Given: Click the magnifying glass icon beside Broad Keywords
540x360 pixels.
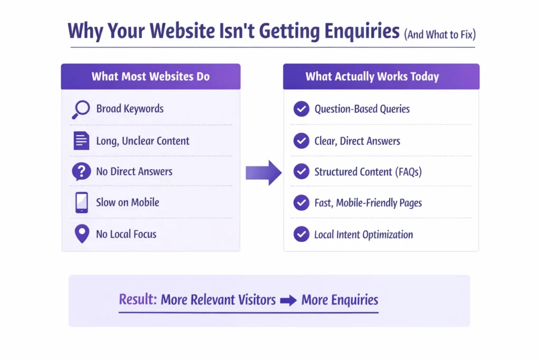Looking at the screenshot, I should pyautogui.click(x=81, y=109).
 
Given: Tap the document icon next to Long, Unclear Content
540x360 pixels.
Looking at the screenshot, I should pyautogui.click(x=81, y=141).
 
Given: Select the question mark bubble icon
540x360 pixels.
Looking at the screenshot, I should pyautogui.click(x=81, y=172).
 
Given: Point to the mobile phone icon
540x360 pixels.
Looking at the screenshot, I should pyautogui.click(x=81, y=202).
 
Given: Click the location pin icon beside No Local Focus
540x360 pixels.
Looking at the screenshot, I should pyautogui.click(x=81, y=234).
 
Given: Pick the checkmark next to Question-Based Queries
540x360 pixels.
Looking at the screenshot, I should pyautogui.click(x=301, y=109).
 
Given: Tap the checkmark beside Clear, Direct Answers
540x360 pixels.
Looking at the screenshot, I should pyautogui.click(x=301, y=141).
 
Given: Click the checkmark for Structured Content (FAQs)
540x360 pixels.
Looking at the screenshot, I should pyautogui.click(x=301, y=172).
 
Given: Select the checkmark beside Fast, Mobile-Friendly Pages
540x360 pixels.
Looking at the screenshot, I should pyautogui.click(x=301, y=202).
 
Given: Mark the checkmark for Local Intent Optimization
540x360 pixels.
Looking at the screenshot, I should pyautogui.click(x=301, y=234).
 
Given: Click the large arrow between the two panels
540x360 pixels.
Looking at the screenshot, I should pyautogui.click(x=264, y=172).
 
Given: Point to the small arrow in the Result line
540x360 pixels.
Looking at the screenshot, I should pyautogui.click(x=288, y=300).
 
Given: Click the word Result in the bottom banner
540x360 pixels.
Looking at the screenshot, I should pyautogui.click(x=138, y=300).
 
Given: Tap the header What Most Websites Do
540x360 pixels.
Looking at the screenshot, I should pyautogui.click(x=150, y=76).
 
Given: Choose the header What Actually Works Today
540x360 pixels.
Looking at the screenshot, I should pyautogui.click(x=372, y=76).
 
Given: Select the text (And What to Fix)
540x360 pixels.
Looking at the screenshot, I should pyautogui.click(x=439, y=34).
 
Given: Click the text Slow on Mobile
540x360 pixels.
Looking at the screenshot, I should pyautogui.click(x=127, y=202).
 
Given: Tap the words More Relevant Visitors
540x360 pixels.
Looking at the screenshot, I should pyautogui.click(x=218, y=300).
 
